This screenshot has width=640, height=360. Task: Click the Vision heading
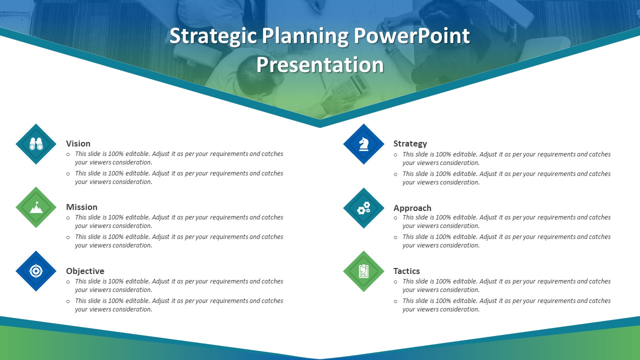click(x=78, y=143)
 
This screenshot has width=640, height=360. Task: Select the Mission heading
click(x=81, y=207)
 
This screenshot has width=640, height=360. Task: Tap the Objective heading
click(x=85, y=271)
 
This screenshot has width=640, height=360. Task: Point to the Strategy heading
click(x=410, y=143)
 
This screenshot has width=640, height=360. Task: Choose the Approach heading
click(x=412, y=208)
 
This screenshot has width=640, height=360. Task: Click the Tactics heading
click(x=406, y=271)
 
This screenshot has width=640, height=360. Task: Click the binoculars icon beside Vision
click(x=36, y=144)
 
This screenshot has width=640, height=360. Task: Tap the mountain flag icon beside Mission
click(x=36, y=207)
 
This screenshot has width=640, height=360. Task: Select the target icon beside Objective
click(x=36, y=271)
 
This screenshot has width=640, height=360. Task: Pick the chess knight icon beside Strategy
click(x=363, y=144)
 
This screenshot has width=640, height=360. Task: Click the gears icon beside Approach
click(x=363, y=208)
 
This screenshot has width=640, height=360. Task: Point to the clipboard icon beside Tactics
click(x=363, y=271)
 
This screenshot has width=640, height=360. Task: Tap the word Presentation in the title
click(x=320, y=65)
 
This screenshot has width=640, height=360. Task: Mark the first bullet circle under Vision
click(x=68, y=154)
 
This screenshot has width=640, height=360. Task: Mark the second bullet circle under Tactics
click(x=396, y=301)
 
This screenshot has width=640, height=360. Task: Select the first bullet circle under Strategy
click(x=396, y=155)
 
